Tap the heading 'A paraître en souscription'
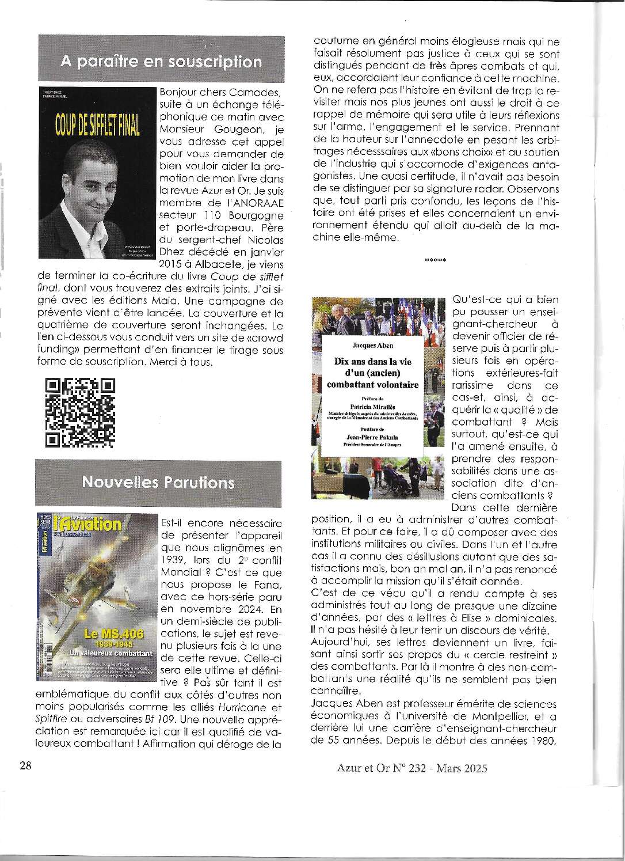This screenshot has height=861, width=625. (161, 62)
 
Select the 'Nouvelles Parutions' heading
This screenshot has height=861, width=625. (158, 481)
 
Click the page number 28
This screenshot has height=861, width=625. (25, 767)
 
